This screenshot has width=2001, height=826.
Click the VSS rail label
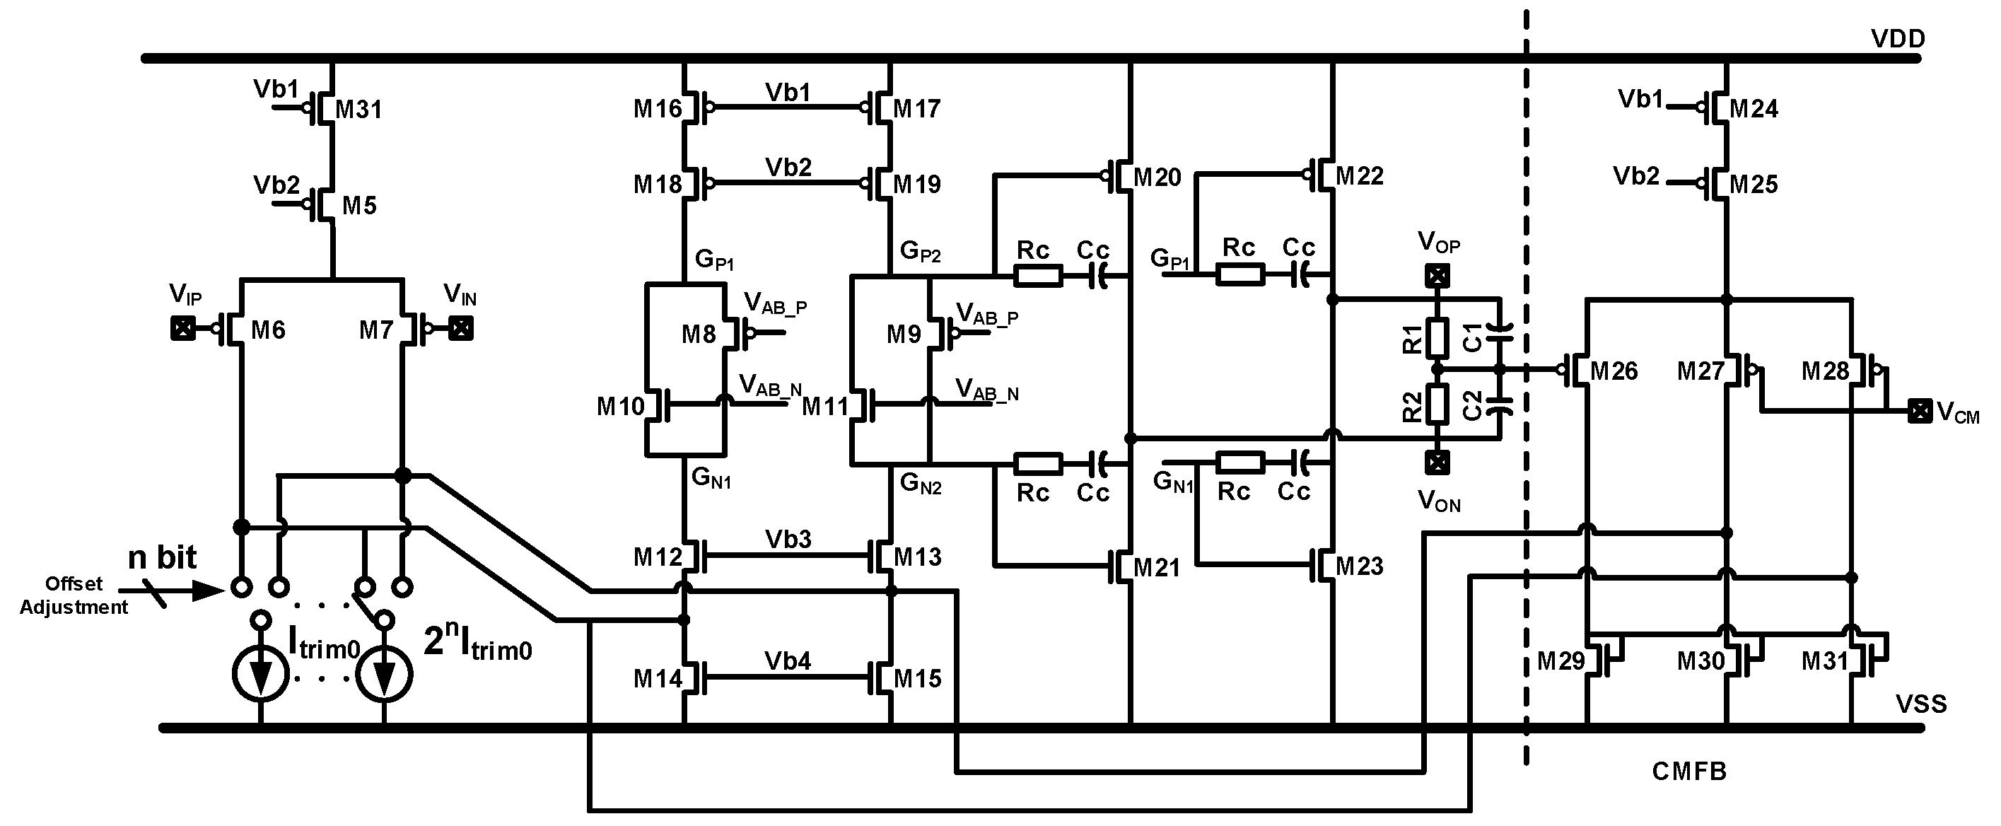[x=1921, y=704]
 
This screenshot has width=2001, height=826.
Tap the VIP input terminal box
[x=182, y=329]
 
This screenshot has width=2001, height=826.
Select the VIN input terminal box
[x=462, y=329]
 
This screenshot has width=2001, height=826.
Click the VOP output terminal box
[x=1437, y=276]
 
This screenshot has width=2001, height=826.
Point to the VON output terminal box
[x=1437, y=463]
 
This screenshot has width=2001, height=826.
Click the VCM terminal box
[x=1920, y=411]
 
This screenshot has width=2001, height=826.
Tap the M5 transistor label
[x=359, y=206]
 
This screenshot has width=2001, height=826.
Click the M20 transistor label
[x=1157, y=178]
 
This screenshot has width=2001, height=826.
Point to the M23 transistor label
[x=1360, y=566]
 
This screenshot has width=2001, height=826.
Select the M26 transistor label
[x=1614, y=371]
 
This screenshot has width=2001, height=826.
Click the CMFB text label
[x=1688, y=771]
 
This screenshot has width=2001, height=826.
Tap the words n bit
[x=162, y=558]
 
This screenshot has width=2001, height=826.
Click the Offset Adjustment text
[x=74, y=596]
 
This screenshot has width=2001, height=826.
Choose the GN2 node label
[x=921, y=483]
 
